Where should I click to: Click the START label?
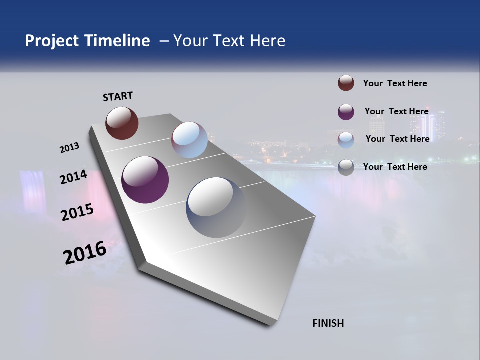pyautogui.click(x=118, y=96)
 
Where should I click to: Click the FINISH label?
pyautogui.click(x=328, y=323)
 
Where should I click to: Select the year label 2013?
pyautogui.click(x=69, y=148)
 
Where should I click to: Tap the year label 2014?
pyautogui.click(x=73, y=177)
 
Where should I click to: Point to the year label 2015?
pyautogui.click(x=77, y=212)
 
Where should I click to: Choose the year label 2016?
pyautogui.click(x=84, y=253)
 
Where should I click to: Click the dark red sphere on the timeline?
pyautogui.click(x=122, y=123)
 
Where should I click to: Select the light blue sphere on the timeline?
pyautogui.click(x=189, y=140)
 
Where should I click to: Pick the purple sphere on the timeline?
pyautogui.click(x=145, y=179)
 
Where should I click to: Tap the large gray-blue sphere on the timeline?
pyautogui.click(x=216, y=207)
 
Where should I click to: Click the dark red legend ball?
pyautogui.click(x=346, y=83)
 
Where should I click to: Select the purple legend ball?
pyautogui.click(x=346, y=111)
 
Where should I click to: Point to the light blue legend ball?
pyautogui.click(x=346, y=139)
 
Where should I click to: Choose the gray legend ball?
pyautogui.click(x=346, y=167)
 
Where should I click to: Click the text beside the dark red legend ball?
pyautogui.click(x=395, y=83)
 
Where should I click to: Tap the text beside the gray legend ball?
pyautogui.click(x=395, y=167)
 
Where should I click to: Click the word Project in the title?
pyautogui.click(x=52, y=41)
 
